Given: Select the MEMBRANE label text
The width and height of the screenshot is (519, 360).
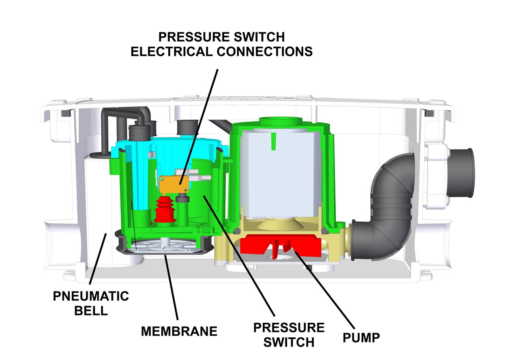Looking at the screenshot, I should point(179,331).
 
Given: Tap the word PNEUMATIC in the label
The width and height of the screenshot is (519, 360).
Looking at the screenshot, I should point(91,296).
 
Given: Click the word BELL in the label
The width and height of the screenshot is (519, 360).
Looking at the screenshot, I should point(91,311).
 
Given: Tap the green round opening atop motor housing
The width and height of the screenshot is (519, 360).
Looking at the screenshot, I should point(280,121).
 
